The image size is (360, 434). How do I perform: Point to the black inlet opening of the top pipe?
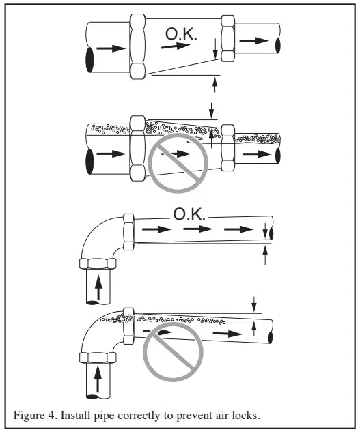point(89,59)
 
